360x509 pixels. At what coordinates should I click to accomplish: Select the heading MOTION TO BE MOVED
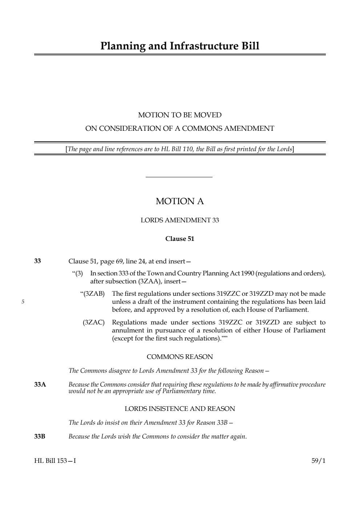coord(179,115)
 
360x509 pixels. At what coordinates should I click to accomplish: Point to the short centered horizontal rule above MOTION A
coord(179,177)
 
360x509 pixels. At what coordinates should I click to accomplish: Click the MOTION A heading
coord(179,201)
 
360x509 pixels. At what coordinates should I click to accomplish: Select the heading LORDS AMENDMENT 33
coord(179,220)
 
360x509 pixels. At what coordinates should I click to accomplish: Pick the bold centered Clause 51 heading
coord(179,239)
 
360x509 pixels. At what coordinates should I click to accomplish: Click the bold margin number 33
coord(37,261)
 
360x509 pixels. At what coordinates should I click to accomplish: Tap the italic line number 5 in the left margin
coord(23,302)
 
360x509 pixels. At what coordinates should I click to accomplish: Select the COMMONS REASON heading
coord(179,357)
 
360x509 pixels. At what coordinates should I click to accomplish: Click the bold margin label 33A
coord(40,384)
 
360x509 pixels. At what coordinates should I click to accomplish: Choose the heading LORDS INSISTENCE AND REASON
coord(179,409)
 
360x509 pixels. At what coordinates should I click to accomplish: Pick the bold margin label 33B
coord(40,436)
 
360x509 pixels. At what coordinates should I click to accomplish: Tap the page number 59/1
coord(318,461)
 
